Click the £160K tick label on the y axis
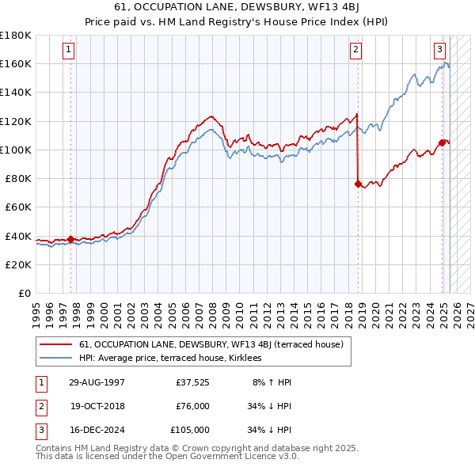(x=16, y=63)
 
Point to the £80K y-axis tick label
(x=18, y=178)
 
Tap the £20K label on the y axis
(x=18, y=264)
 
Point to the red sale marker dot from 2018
(x=358, y=184)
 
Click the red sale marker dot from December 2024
(x=442, y=142)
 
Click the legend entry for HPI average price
(x=170, y=359)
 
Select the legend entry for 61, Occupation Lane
(x=211, y=344)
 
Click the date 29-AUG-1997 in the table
(x=97, y=382)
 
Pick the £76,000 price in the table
(x=192, y=406)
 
